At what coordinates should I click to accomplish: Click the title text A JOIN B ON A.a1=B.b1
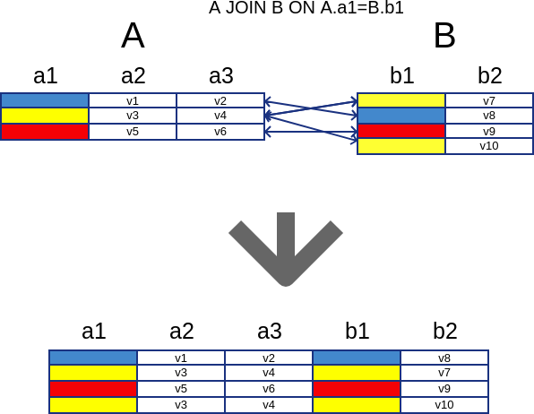pos(306,8)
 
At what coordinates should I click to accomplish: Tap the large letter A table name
pos(133,36)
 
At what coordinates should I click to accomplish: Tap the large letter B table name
pos(444,36)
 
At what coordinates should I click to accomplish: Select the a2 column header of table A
pos(133,75)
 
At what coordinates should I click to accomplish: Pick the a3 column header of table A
pos(221,75)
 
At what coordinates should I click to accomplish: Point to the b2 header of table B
pos(490,75)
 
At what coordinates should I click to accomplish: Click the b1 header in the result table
pos(357,331)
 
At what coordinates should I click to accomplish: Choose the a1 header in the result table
pos(94,331)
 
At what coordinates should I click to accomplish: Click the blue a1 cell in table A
pos(45,100)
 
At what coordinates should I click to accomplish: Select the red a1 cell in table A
pos(45,132)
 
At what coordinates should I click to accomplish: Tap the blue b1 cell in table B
pos(401,116)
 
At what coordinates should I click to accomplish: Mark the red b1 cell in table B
pos(401,131)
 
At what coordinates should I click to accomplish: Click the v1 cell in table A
pos(133,100)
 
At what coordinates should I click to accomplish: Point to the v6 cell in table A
pos(220,132)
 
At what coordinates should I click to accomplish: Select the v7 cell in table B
pos(489,100)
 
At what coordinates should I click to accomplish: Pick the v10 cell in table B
pos(489,146)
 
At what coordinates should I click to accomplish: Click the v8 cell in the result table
pos(444,358)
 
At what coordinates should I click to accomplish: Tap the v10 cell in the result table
pos(444,405)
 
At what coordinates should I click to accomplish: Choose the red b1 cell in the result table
pos(357,389)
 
